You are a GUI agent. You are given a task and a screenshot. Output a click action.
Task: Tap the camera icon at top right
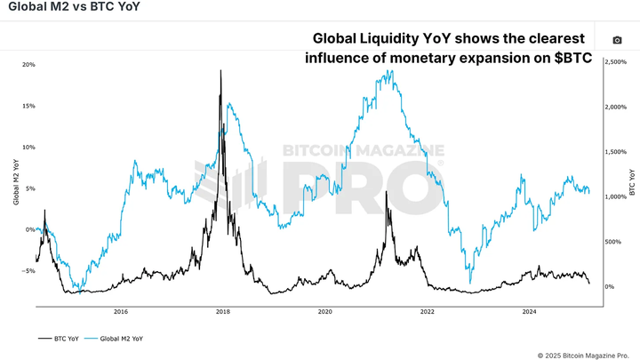[618, 40]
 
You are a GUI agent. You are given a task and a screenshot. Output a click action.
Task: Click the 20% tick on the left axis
[29, 65]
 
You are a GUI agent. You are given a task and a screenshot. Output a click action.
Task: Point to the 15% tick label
[29, 106]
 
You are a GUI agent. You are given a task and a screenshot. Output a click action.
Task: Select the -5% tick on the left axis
[29, 270]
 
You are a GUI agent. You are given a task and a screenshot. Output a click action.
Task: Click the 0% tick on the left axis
[31, 229]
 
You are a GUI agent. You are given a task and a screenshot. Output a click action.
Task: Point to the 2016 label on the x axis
[121, 313]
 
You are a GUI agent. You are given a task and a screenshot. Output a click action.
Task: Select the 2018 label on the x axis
[223, 313]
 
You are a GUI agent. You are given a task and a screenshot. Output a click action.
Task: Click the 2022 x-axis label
[428, 313]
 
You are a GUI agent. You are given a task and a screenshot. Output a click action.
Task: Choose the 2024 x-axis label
[530, 313]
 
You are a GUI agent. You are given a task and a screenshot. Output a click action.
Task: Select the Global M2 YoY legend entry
[120, 339]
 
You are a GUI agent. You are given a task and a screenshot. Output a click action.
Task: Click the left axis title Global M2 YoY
[16, 181]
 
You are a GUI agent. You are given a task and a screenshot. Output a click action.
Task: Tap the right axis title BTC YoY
[632, 181]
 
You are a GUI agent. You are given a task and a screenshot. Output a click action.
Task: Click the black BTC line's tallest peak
[220, 71]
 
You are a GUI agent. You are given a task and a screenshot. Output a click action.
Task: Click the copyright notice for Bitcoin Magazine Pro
[583, 355]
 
